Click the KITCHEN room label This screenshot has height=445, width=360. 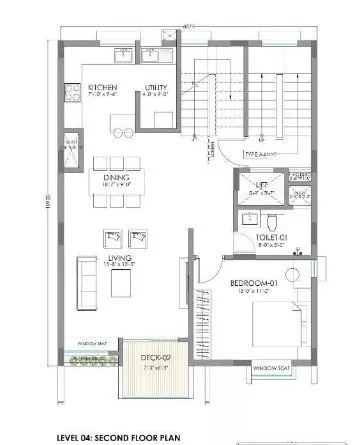(x=103, y=87)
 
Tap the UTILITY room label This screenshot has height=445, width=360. (x=155, y=87)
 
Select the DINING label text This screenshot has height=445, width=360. (x=116, y=178)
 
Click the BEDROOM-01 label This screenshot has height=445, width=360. (x=252, y=284)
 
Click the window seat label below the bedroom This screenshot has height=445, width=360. (x=273, y=368)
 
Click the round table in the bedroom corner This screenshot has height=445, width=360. (x=293, y=272)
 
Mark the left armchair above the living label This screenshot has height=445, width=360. (x=109, y=237)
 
